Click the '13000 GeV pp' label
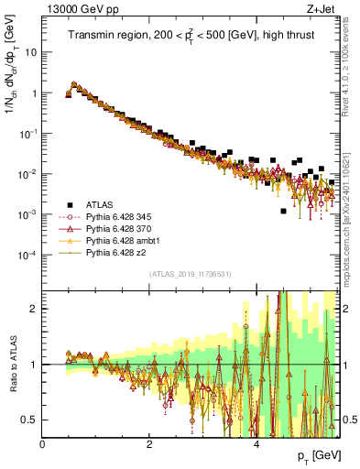coord(73,8)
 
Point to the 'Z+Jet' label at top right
coord(329,8)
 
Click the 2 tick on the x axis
coord(149,443)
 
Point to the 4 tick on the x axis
coord(256,443)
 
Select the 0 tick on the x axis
coord(43,443)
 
